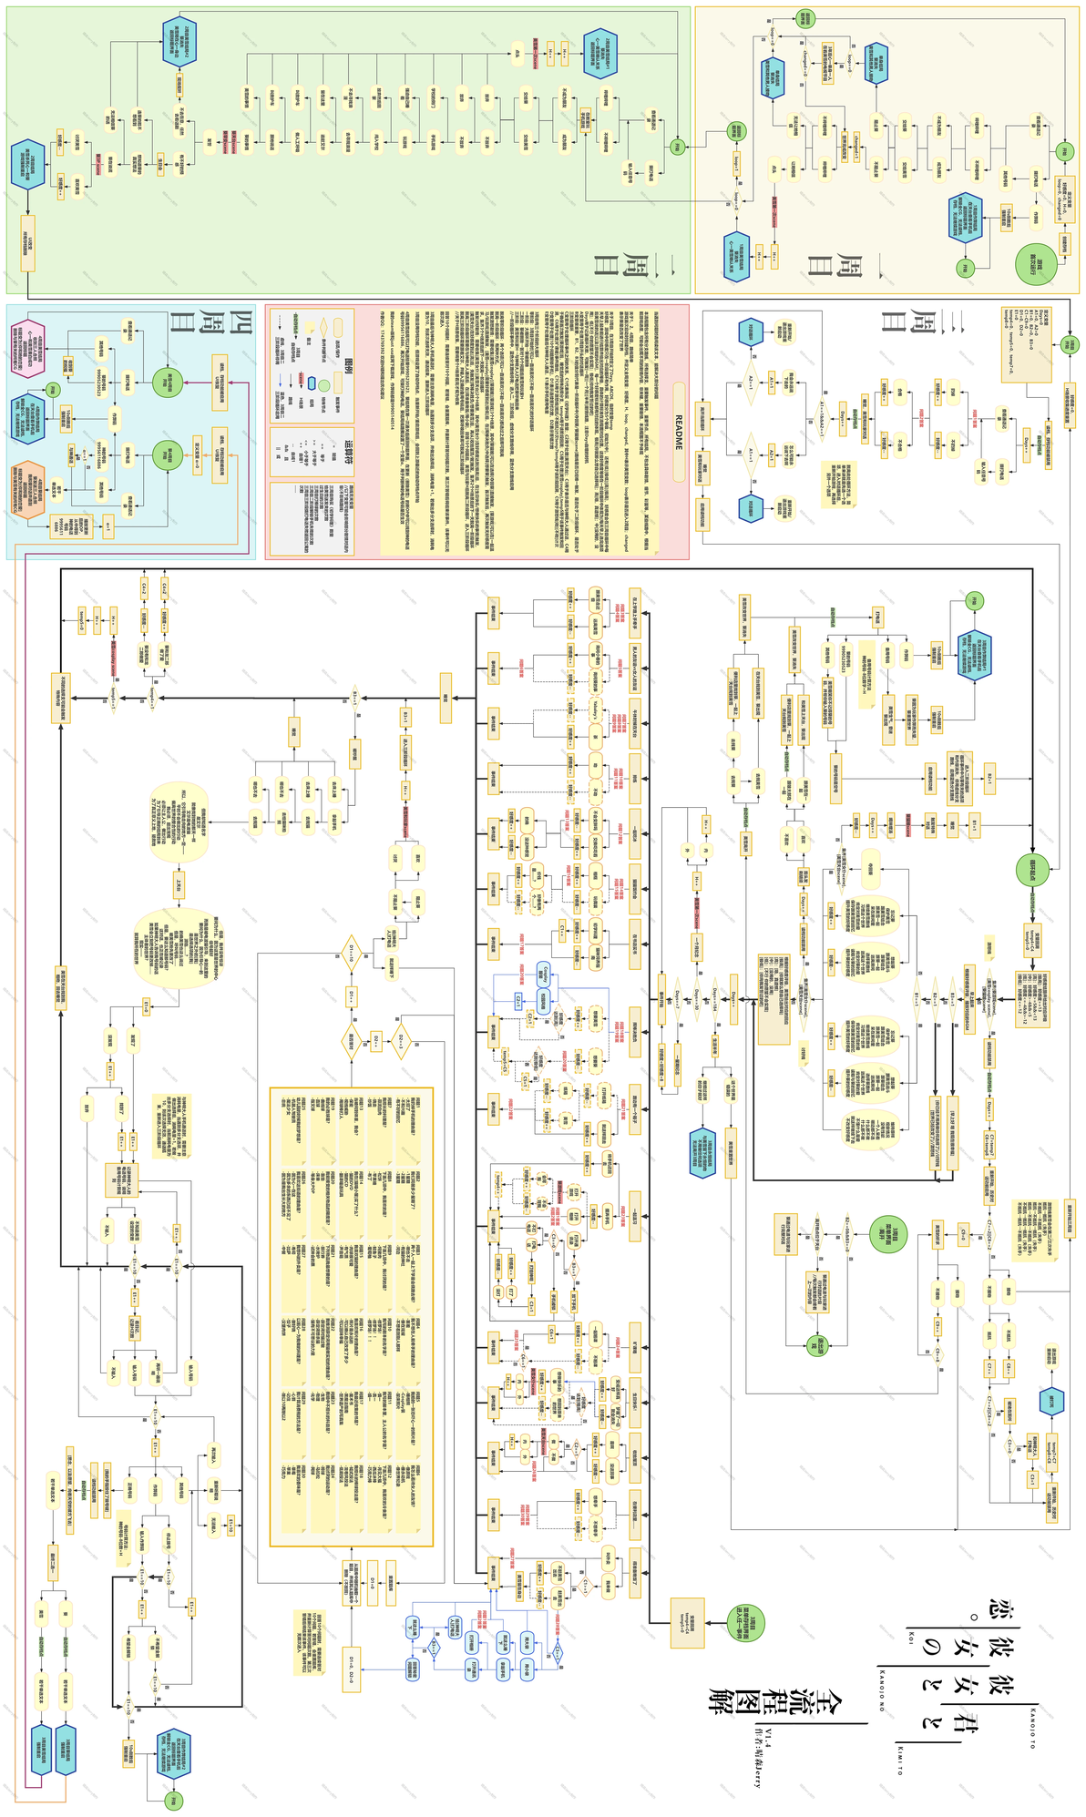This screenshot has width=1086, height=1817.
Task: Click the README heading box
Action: coord(679,432)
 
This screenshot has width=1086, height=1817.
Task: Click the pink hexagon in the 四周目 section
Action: coord(28,351)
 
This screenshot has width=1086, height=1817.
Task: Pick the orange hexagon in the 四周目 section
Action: coord(28,490)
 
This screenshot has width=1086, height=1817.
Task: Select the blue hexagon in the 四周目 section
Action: coord(28,419)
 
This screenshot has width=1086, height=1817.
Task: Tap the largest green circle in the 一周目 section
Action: coord(1037,263)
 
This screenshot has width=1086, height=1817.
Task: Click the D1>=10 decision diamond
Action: coord(351,953)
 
